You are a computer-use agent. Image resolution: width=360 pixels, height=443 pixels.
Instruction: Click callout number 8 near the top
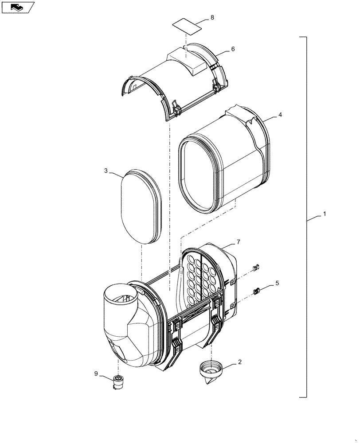pos(212,17)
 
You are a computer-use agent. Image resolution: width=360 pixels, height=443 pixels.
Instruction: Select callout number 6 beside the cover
pos(233,49)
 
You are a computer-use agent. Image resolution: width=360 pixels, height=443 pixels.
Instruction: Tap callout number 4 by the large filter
pos(280,114)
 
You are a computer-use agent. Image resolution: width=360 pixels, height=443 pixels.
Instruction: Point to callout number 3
pos(106,171)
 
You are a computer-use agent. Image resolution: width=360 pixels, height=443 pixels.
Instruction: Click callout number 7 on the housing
pos(238,241)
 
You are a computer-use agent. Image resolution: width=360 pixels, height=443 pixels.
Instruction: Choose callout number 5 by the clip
pos(277,283)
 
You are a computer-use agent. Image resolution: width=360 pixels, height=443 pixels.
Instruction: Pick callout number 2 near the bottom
pos(240,362)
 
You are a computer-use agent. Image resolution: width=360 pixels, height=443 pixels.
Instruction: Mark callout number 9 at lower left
pos(96,373)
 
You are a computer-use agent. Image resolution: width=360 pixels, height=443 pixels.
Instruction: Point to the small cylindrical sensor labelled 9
pos(118,382)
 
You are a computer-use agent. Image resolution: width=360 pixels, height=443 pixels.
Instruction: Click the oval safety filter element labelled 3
pos(141,206)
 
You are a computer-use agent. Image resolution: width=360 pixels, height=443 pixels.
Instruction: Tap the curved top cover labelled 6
pos(177,84)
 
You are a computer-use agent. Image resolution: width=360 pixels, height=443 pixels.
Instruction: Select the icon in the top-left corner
pos(17,7)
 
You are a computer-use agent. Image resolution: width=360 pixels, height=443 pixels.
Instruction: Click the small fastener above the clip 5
pos(255,267)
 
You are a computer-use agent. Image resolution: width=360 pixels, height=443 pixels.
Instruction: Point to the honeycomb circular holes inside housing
pos(200,279)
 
